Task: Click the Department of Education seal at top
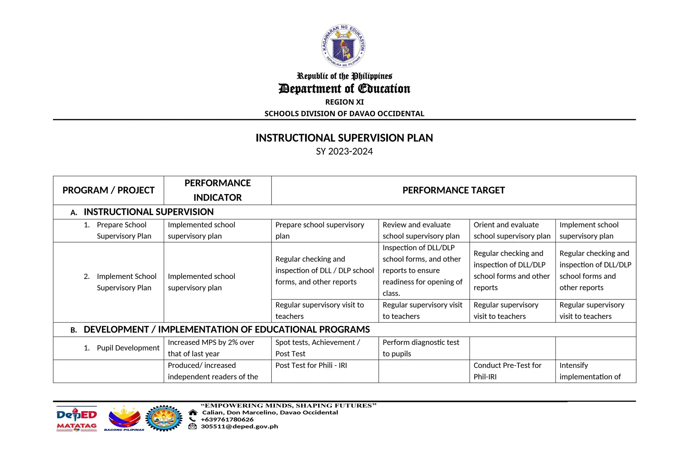(x=343, y=46)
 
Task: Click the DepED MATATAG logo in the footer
(x=77, y=419)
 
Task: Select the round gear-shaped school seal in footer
(x=164, y=418)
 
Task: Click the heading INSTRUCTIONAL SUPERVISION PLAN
(x=344, y=138)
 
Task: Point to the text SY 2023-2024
(x=344, y=152)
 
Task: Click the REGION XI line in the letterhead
(x=344, y=102)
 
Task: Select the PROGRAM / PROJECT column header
(x=108, y=190)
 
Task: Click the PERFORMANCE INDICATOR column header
(x=217, y=190)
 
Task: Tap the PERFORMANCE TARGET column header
(x=453, y=190)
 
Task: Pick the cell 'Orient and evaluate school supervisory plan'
(x=511, y=230)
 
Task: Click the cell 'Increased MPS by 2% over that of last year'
(x=211, y=348)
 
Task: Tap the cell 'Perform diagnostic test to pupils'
(x=421, y=348)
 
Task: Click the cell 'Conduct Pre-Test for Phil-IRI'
(x=507, y=371)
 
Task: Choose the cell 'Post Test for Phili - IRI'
(x=311, y=365)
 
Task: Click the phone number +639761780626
(x=227, y=420)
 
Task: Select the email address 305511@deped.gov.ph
(x=239, y=426)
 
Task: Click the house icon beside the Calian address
(x=193, y=413)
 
